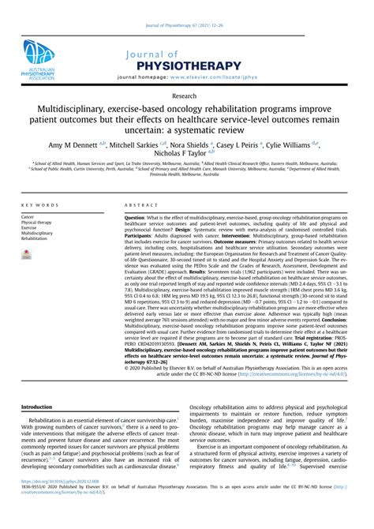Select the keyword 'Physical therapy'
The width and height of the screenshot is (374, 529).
tap(37, 222)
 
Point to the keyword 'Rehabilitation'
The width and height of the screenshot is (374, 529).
tap(36, 238)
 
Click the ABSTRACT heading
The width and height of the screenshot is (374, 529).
tap(140, 204)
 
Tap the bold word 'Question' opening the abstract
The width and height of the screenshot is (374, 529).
tap(136, 216)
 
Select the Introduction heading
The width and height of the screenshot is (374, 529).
tap(39, 429)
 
